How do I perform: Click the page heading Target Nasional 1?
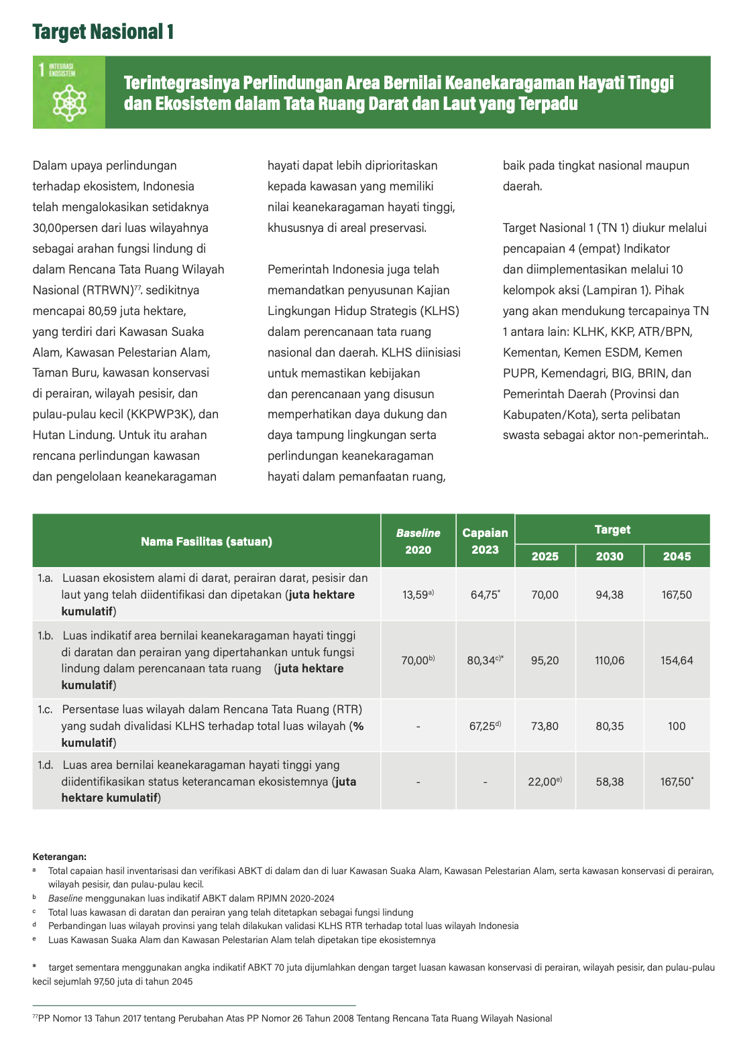click(x=103, y=32)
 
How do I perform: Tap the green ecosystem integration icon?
click(x=69, y=93)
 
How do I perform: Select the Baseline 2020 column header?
click(x=418, y=541)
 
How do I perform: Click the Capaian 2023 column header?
click(x=485, y=541)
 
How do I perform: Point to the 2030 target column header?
click(x=609, y=556)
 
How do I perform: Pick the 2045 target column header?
click(x=677, y=556)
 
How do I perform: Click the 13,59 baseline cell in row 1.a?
click(x=417, y=595)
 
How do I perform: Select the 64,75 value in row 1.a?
click(x=485, y=595)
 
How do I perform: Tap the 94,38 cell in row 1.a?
click(x=609, y=595)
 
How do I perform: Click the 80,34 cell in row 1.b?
click(x=484, y=660)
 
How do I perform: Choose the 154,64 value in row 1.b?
click(x=677, y=660)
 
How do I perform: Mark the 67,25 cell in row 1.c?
click(x=484, y=726)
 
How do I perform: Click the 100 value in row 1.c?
click(x=677, y=726)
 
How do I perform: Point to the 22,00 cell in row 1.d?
click(x=544, y=782)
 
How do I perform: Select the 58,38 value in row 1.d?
click(x=609, y=782)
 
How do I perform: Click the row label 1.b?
click(x=45, y=635)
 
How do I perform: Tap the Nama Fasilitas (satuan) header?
click(x=207, y=542)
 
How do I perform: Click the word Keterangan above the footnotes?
click(x=59, y=857)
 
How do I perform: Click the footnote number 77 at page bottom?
click(x=36, y=1018)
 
